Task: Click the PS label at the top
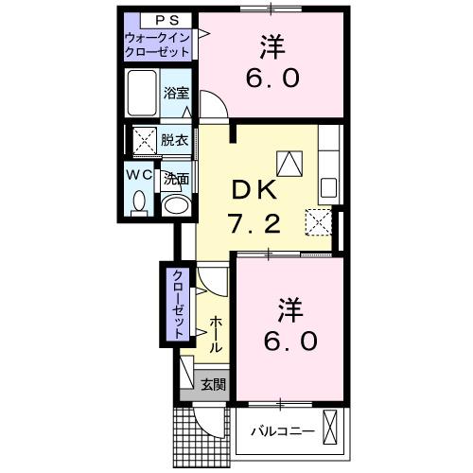pos(160,20)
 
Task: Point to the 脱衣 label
pos(174,140)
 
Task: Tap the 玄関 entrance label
pos(213,384)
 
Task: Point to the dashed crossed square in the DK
pos(315,222)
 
